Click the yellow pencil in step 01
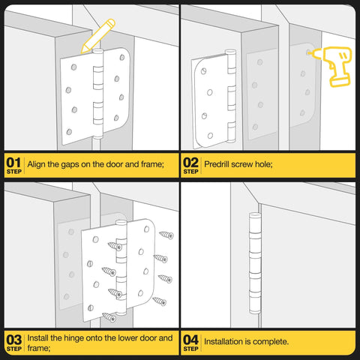pos(98,36)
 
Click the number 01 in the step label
pos(13,163)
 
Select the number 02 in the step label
pos(190,163)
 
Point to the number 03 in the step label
pos(14,340)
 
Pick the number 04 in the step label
pos(190,340)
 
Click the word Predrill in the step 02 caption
pos(217,164)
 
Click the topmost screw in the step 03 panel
pos(166,235)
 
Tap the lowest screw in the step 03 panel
pos(109,317)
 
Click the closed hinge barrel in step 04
pos(255,263)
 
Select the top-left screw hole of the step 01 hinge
pos(73,67)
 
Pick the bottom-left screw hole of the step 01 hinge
pos(69,132)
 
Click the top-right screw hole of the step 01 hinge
pos(122,58)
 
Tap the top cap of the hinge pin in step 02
pos(230,52)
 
